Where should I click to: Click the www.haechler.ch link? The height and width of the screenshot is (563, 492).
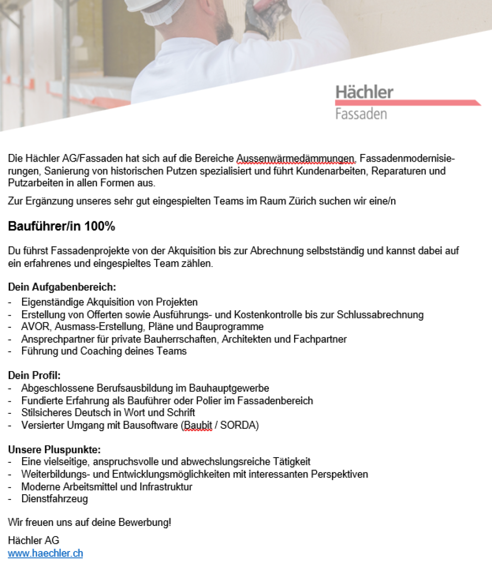pyautogui.click(x=45, y=554)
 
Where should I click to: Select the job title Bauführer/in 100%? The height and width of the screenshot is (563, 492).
pyautogui.click(x=61, y=227)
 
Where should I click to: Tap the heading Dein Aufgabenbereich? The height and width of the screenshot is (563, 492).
pyautogui.click(x=62, y=288)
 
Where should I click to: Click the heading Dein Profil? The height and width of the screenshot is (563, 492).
pyautogui.click(x=35, y=375)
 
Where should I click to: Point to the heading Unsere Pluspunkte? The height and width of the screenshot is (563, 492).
pyautogui.click(x=54, y=450)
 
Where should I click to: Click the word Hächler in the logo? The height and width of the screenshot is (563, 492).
pyautogui.click(x=364, y=91)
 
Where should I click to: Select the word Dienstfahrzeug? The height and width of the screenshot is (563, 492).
pyautogui.click(x=54, y=499)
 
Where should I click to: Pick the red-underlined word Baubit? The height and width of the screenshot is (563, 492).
pyautogui.click(x=198, y=425)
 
